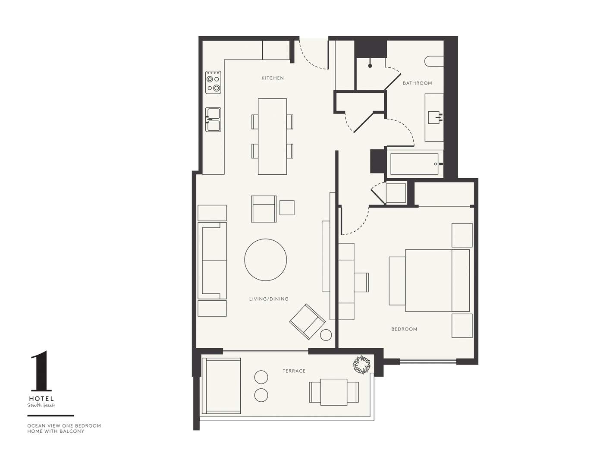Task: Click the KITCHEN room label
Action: (273, 78)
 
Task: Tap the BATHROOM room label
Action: (417, 83)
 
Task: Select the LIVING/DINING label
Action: (269, 299)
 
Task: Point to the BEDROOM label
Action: (404, 329)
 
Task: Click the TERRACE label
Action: (294, 371)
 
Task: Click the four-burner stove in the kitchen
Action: (213, 82)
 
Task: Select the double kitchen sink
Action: (213, 120)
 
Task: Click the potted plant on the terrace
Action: (361, 365)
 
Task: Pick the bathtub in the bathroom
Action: (415, 164)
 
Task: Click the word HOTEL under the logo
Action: (41, 399)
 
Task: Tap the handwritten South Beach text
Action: (41, 406)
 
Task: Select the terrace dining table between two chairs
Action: (334, 392)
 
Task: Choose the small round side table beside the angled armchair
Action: (326, 335)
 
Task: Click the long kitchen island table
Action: (272, 136)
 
